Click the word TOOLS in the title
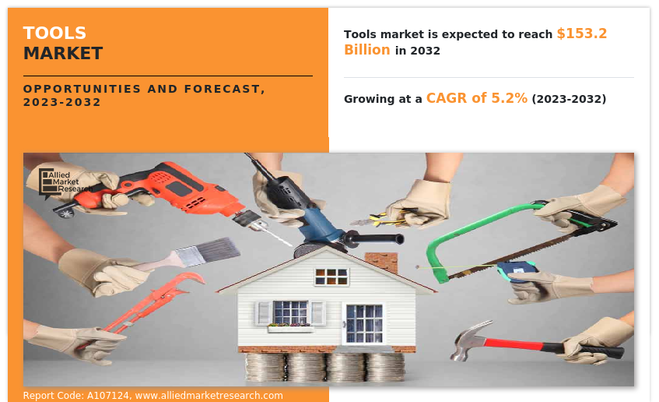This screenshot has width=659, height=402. click(x=54, y=33)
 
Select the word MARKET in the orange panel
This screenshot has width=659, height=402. click(x=63, y=54)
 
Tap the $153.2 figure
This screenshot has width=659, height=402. click(x=582, y=33)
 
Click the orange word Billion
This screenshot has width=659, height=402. click(x=367, y=50)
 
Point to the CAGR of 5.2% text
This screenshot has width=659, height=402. click(x=477, y=98)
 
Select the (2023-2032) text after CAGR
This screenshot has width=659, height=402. click(x=569, y=99)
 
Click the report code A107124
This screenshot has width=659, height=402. click(x=108, y=396)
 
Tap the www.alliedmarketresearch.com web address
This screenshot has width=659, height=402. click(x=209, y=396)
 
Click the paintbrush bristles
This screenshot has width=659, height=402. click(x=216, y=250)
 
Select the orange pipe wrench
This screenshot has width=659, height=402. click(x=151, y=305)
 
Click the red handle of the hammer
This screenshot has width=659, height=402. click(x=517, y=344)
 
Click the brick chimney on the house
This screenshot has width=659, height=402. click(x=381, y=262)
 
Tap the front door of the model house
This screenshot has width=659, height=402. click(x=364, y=323)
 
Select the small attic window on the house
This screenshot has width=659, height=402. click(x=331, y=276)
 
